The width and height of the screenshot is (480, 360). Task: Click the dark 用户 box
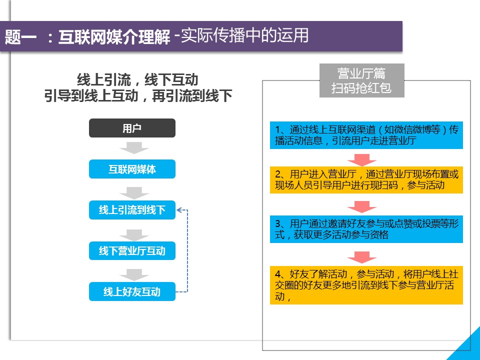tap(132, 128)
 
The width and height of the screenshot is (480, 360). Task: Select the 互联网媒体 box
tap(132, 169)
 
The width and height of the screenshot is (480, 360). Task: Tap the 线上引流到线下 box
tap(132, 210)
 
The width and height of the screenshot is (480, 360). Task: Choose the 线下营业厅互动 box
tap(132, 250)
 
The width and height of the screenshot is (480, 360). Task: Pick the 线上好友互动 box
tap(132, 291)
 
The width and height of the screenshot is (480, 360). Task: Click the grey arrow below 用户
tap(134, 148)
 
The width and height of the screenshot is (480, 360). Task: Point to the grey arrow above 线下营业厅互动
tap(134, 235)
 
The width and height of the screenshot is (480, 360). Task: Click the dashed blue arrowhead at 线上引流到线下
tap(179, 210)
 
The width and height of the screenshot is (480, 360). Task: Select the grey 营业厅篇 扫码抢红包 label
tap(362, 80)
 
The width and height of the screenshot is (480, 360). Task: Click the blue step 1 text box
tap(366, 135)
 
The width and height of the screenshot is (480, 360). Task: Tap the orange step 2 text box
tap(366, 180)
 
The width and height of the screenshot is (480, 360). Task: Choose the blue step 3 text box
tap(366, 229)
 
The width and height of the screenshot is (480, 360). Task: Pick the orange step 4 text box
tap(366, 285)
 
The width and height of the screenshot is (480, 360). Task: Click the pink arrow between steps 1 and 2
tap(362, 160)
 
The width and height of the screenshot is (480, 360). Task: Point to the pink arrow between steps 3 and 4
tap(362, 257)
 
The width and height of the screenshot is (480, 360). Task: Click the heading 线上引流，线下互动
tap(138, 80)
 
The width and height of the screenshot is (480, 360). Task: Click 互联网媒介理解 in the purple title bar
tap(114, 36)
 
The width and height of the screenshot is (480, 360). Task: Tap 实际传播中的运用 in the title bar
tap(244, 35)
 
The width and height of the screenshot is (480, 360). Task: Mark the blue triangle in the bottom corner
tap(469, 348)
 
